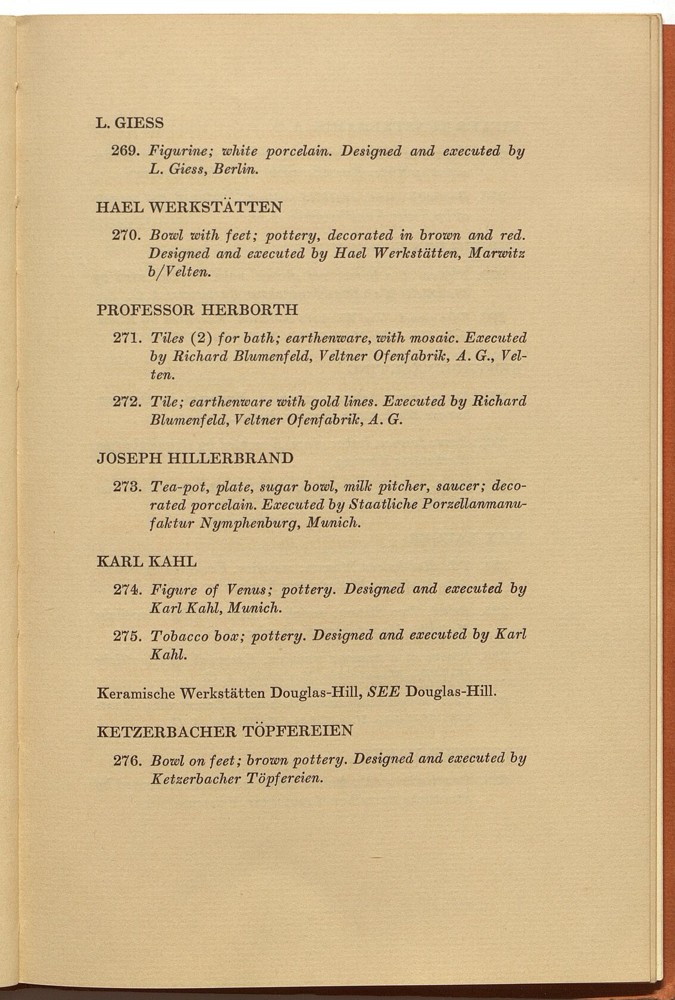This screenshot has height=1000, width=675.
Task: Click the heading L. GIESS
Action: pyautogui.click(x=129, y=123)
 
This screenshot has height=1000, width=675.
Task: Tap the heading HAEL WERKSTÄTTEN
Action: pyautogui.click(x=189, y=207)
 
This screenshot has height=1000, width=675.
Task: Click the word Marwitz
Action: pyautogui.click(x=496, y=254)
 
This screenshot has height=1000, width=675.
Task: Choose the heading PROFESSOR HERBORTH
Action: pyautogui.click(x=197, y=310)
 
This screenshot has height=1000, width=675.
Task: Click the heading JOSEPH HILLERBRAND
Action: pyautogui.click(x=195, y=458)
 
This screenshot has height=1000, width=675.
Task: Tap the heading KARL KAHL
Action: pyautogui.click(x=146, y=561)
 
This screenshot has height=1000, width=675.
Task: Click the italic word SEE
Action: pyautogui.click(x=384, y=692)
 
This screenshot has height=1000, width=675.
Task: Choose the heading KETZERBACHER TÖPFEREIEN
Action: pyautogui.click(x=225, y=730)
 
